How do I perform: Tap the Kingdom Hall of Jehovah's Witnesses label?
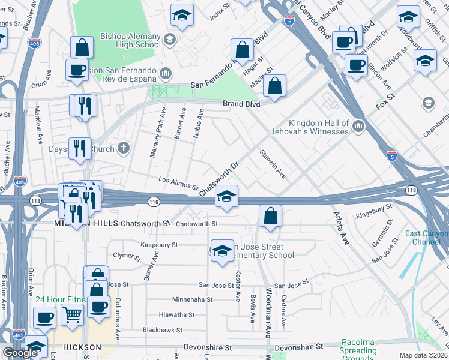tap(319, 127)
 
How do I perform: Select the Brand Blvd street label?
tap(241, 104)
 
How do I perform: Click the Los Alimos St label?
tap(178, 183)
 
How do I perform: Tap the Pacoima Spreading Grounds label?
tap(358, 350)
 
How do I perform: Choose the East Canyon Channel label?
tap(427, 238)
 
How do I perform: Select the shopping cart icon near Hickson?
tap(73, 313)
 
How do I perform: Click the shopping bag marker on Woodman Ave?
tap(271, 216)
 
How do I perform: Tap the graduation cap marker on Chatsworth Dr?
tap(226, 196)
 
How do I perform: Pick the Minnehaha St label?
tap(193, 299)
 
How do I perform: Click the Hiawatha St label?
tap(176, 314)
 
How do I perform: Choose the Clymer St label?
tap(126, 256)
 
